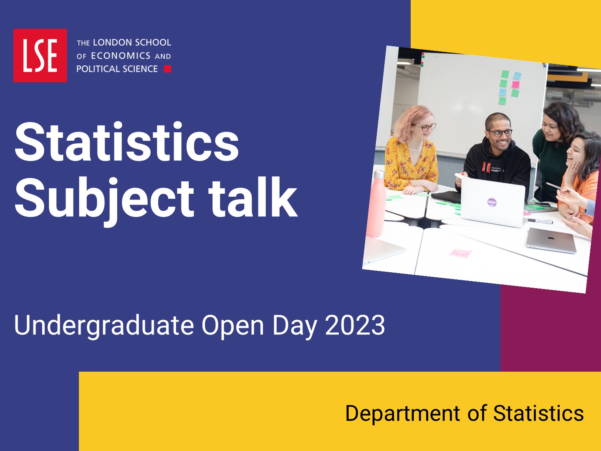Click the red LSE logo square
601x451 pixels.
pyautogui.click(x=40, y=55)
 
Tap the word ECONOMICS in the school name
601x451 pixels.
pyautogui.click(x=121, y=56)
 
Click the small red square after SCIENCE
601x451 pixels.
pyautogui.click(x=167, y=69)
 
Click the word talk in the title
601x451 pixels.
pyautogui.click(x=253, y=197)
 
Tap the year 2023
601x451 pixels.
pyautogui.click(x=355, y=325)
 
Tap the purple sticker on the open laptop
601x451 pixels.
pyautogui.click(x=492, y=203)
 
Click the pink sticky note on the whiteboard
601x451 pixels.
pyautogui.click(x=515, y=85)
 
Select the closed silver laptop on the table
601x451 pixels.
pyautogui.click(x=551, y=241)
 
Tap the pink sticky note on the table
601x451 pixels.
pyautogui.click(x=460, y=253)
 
